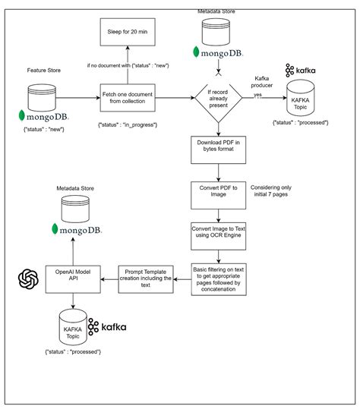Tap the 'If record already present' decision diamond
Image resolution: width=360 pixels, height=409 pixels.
click(219, 97)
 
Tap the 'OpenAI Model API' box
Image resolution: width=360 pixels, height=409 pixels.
click(74, 276)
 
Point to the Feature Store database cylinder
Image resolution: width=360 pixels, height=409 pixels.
click(43, 96)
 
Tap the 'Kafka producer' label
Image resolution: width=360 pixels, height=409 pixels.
click(262, 83)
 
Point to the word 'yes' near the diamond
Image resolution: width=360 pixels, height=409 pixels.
click(257, 94)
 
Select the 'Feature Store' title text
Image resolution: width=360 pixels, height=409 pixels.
click(43, 69)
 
